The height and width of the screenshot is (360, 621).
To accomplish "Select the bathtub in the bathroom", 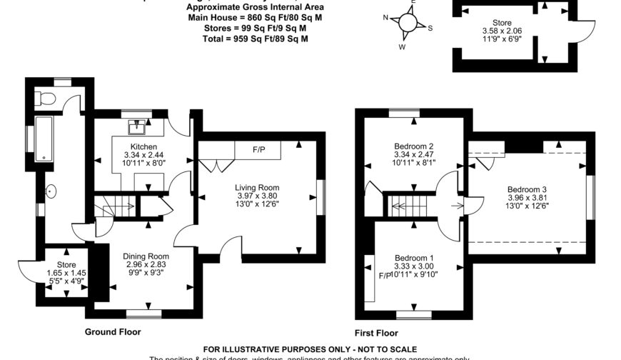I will (x=46, y=139).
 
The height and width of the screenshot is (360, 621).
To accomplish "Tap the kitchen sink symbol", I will (x=136, y=127).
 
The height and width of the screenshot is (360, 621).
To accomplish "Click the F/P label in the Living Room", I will (x=258, y=151).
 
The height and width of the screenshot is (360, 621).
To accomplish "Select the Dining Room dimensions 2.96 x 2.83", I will (x=145, y=264).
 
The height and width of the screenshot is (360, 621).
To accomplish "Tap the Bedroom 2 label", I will (x=415, y=146).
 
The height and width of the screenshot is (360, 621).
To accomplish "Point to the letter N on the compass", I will (x=385, y=19).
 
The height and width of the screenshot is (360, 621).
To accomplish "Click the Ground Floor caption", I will (x=113, y=331).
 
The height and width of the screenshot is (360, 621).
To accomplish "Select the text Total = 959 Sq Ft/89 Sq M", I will (x=256, y=39).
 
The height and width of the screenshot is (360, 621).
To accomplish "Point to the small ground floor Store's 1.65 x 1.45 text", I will (x=63, y=272).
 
